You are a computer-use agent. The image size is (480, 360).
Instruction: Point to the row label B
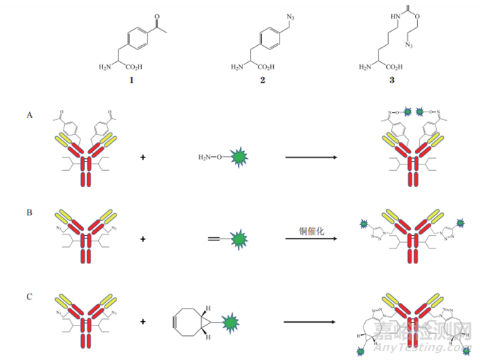[x=29, y=210]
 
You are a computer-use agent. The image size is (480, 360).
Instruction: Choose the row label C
[x=29, y=296]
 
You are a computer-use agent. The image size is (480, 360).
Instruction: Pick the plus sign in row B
[x=144, y=239]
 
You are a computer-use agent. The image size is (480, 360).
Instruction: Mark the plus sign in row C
[x=144, y=322]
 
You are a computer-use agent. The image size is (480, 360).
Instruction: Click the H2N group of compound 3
[x=365, y=68]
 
